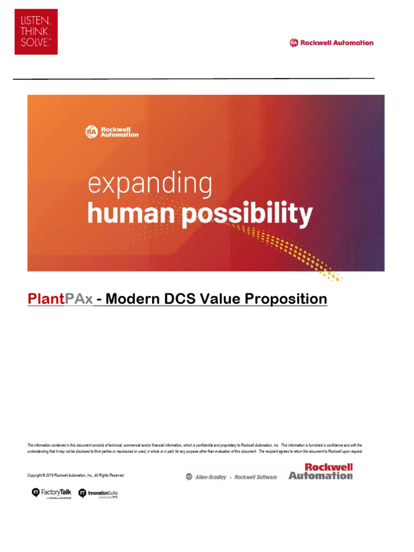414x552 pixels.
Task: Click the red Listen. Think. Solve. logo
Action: coord(36,31)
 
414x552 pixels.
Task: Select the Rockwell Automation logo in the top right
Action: coord(332,43)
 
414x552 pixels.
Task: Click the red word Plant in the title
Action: coord(45,299)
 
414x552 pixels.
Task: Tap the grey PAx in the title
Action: coord(79,299)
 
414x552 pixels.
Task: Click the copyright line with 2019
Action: coord(75,475)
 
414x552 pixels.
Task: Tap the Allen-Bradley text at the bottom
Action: coord(210,477)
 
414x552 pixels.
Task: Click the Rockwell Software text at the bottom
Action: coord(256,477)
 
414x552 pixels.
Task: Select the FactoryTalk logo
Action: coord(52,493)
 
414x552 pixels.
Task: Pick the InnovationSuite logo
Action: coord(99,493)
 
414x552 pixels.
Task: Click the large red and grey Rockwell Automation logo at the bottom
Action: coord(320,471)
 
